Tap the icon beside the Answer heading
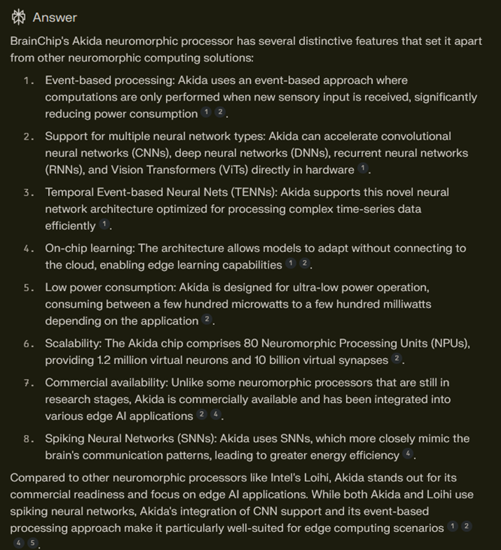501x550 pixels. [19, 17]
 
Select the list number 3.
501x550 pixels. [29, 192]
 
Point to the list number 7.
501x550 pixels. [29, 383]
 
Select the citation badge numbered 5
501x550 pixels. [33, 544]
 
